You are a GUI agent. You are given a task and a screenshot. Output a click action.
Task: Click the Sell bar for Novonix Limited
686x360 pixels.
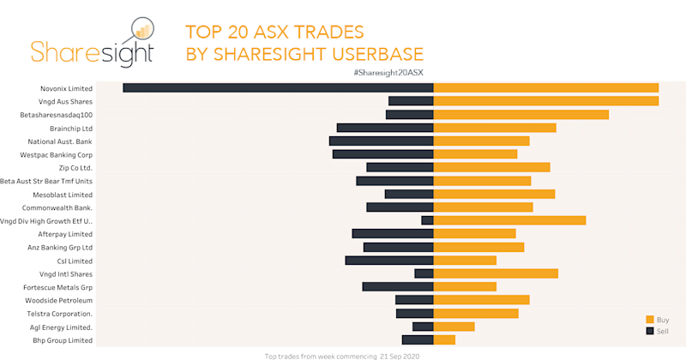[x=279, y=87]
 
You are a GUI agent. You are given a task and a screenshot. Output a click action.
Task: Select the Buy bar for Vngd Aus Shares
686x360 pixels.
[x=546, y=101]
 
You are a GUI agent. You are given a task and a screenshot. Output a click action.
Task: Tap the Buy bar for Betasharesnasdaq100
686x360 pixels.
[x=521, y=114]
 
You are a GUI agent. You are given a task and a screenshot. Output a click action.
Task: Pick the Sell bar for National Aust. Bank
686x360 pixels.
[x=382, y=141]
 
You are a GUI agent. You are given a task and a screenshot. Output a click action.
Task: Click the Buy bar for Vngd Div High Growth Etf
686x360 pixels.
[x=509, y=220]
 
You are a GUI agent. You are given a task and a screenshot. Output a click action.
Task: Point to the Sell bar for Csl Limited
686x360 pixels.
[x=389, y=261]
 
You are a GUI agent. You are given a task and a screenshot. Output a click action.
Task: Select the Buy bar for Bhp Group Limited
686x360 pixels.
[x=444, y=340]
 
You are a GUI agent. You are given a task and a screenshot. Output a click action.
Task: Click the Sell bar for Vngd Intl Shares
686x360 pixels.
[x=424, y=273]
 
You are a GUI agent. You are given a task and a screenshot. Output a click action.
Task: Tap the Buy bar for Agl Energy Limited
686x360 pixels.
[x=454, y=327]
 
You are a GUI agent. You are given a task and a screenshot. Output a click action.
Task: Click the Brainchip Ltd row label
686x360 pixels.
[x=71, y=128]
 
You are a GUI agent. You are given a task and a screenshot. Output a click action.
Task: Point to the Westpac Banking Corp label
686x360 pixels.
[x=57, y=154]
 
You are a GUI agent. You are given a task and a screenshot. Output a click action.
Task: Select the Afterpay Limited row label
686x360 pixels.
[x=65, y=234]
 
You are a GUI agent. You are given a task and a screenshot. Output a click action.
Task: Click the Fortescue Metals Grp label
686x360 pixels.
[x=58, y=287]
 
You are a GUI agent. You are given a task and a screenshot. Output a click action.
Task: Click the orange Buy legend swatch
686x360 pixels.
[x=650, y=319]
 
